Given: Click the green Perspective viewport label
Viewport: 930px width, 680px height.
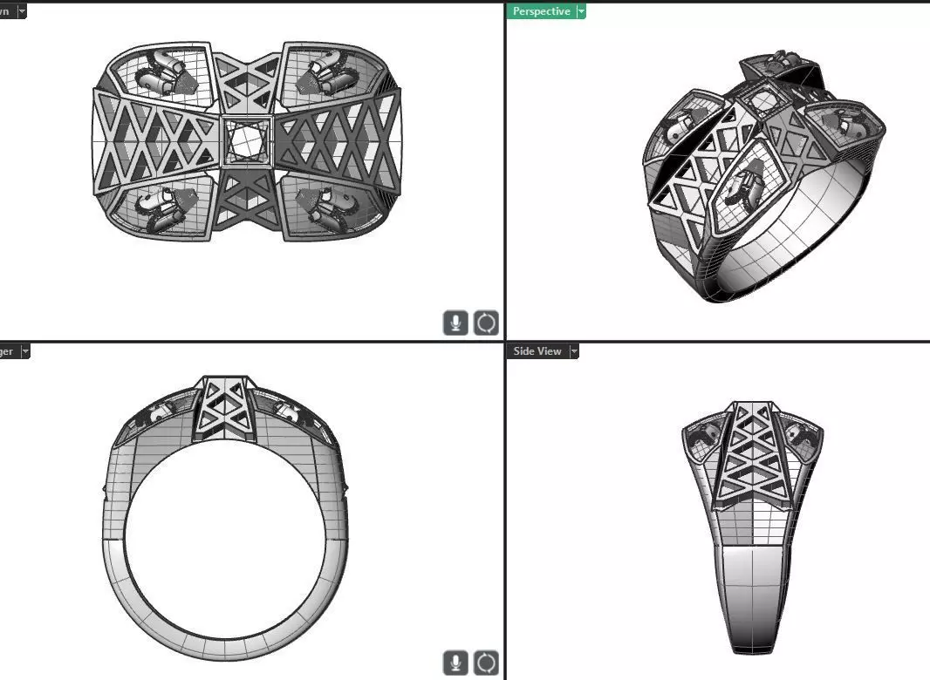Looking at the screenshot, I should [x=541, y=11].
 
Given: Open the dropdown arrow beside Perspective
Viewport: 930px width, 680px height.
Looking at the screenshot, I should [x=581, y=11].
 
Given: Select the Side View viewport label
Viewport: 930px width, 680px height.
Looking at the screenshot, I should [x=537, y=351].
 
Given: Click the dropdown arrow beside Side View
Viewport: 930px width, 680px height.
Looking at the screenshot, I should [x=574, y=351].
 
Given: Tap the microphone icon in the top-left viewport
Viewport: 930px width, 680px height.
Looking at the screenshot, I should [x=455, y=323].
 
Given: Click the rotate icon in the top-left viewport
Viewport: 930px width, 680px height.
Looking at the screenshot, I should [x=486, y=323].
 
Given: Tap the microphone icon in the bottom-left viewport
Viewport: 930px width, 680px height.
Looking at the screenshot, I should [x=455, y=663].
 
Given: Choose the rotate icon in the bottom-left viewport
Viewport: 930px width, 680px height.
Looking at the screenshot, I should [x=486, y=663].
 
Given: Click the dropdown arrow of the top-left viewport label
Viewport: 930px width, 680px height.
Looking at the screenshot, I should [x=21, y=11].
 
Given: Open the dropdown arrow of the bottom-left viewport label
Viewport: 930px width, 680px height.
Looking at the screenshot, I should [x=24, y=351].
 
